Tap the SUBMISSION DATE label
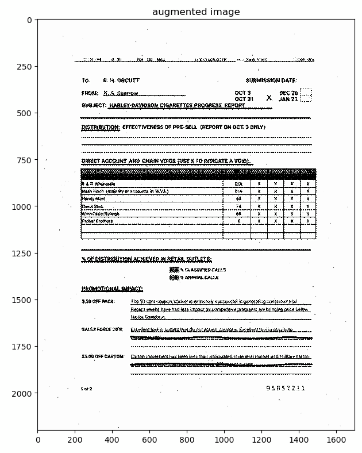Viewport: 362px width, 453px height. (x=271, y=81)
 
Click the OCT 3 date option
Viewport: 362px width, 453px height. (x=242, y=93)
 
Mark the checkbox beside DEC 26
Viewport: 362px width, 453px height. (x=306, y=92)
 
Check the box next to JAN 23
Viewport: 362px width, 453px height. (x=306, y=99)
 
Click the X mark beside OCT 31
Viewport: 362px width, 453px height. (x=269, y=98)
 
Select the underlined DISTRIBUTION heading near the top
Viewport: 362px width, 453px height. (x=101, y=127)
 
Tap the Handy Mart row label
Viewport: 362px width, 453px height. (x=93, y=199)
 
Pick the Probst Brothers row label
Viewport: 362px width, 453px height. (x=97, y=221)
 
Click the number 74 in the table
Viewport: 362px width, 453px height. (x=238, y=206)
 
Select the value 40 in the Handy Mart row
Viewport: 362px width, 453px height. (x=238, y=199)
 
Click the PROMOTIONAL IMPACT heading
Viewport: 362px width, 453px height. (x=112, y=289)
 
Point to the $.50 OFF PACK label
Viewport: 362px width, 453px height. (x=98, y=301)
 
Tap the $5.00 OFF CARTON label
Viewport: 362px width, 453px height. (x=103, y=356)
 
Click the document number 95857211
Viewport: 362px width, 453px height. (x=286, y=389)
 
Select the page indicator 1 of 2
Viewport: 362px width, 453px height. (x=86, y=389)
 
